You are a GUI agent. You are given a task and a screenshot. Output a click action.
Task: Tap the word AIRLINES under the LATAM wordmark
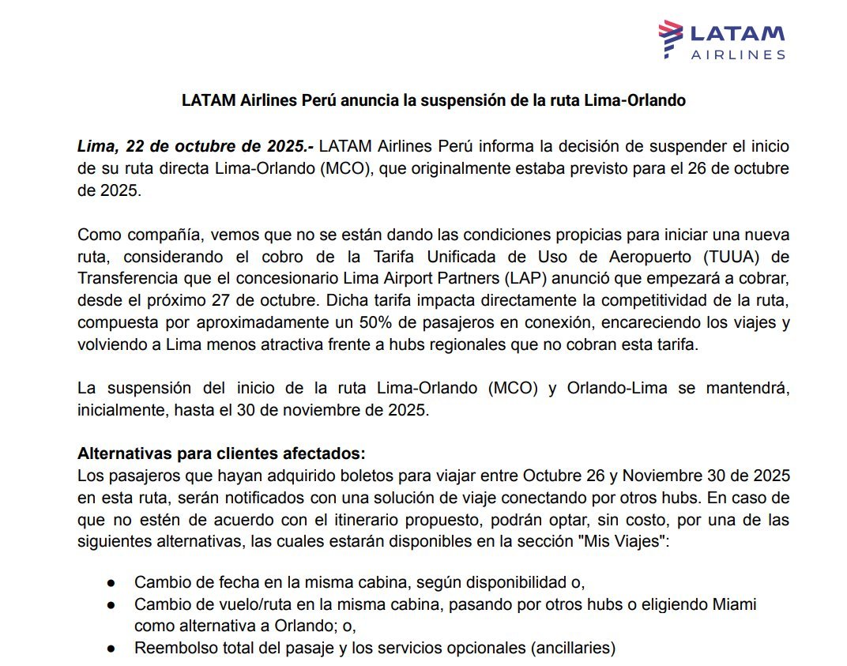tap(738, 55)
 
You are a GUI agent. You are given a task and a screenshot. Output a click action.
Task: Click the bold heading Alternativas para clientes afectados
tap(221, 454)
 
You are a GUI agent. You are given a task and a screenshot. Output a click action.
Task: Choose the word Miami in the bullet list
tap(734, 605)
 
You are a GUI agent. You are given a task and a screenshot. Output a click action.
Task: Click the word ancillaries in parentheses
tap(573, 648)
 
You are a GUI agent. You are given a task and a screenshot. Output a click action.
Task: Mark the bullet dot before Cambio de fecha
tap(111, 584)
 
